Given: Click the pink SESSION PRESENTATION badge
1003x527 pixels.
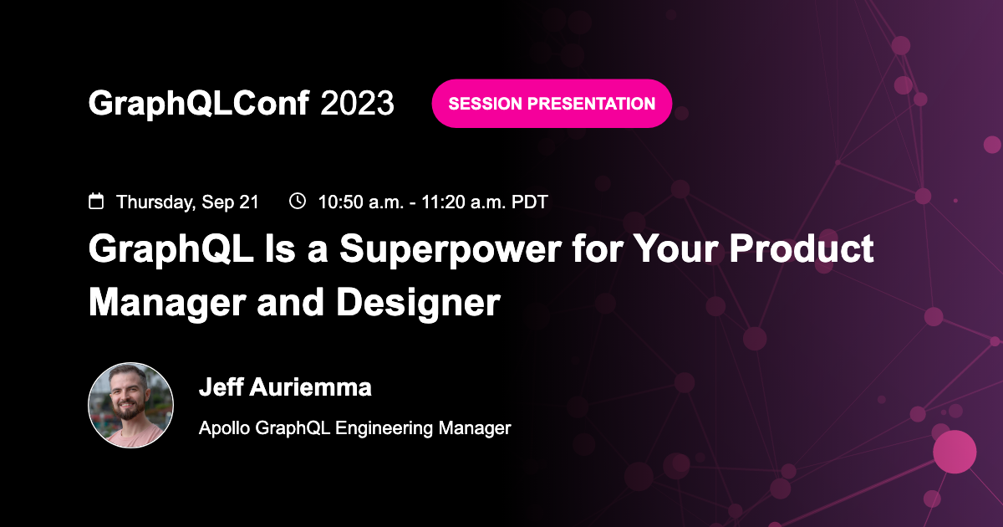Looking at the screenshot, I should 552,104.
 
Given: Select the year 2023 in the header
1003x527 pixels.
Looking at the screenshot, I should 357,103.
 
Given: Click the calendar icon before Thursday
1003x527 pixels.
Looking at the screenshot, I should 97,201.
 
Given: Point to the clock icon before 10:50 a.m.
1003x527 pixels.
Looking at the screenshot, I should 297,201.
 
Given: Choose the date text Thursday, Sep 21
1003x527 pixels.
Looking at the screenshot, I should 187,202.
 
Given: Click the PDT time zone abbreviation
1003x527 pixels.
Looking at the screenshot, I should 530,202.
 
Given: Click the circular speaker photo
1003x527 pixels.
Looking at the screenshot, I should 130,406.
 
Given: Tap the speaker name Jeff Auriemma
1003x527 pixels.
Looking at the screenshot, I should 285,387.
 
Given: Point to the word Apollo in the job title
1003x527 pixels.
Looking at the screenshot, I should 223,428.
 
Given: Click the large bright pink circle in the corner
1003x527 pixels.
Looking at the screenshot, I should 954,452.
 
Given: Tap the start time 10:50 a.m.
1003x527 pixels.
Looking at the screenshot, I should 359,202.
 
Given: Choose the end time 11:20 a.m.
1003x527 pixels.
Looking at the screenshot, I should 452,202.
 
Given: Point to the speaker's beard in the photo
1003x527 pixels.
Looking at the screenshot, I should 130,414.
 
